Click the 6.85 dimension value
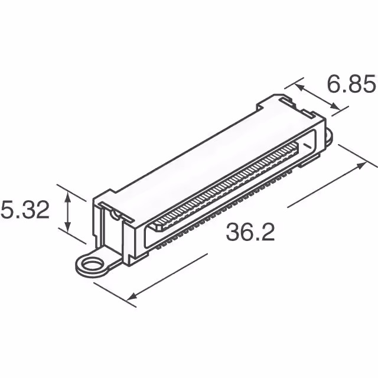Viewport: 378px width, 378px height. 351,86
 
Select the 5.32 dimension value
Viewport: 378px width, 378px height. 25,210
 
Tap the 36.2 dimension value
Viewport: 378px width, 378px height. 250,233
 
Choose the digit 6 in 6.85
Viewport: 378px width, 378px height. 335,86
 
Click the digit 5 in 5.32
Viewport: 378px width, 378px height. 8,210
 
